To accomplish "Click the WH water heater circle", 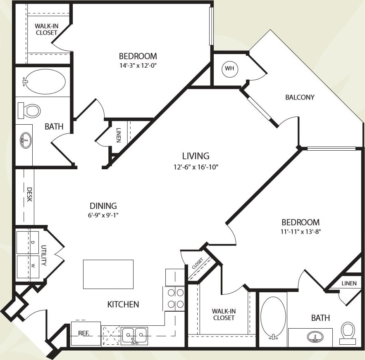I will (x=229, y=69).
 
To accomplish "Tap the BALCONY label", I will (x=300, y=97).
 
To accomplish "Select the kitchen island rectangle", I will (x=108, y=274).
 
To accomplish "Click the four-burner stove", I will (x=174, y=298).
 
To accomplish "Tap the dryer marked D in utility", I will (x=28, y=242).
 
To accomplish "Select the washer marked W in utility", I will (x=28, y=267).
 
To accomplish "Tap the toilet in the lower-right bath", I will (x=348, y=332).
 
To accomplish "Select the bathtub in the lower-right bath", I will (x=273, y=316).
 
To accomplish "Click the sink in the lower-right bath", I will (x=315, y=337).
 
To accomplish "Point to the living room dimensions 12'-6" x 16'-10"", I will (x=196, y=167).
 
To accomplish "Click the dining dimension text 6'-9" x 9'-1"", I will (x=103, y=215).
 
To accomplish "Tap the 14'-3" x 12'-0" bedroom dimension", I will (x=138, y=65).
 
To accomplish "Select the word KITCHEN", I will (x=123, y=305).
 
